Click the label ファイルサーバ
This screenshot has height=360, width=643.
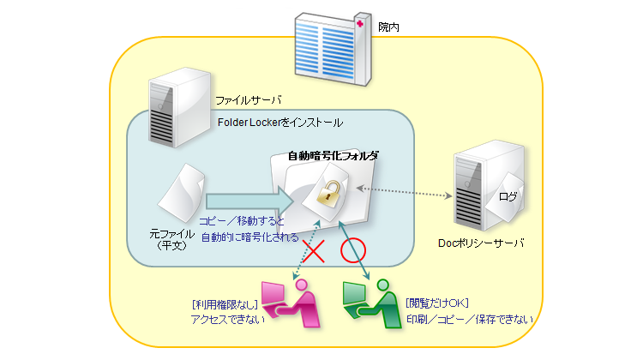click(x=248, y=100)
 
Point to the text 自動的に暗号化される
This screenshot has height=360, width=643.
click(x=249, y=237)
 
